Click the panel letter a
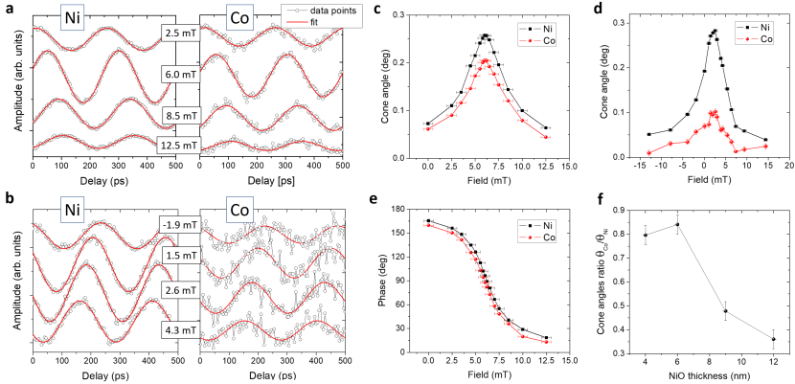click(7, 9)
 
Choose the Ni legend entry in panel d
click(758, 29)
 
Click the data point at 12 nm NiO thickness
click(773, 339)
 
